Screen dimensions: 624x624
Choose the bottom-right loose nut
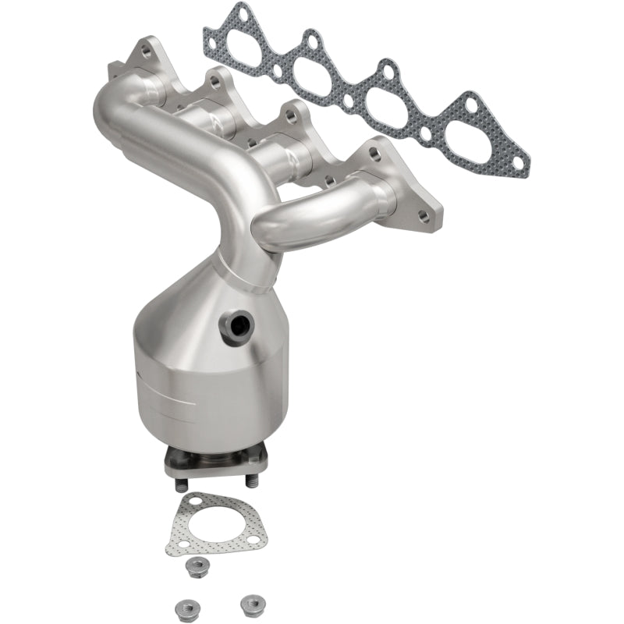250,602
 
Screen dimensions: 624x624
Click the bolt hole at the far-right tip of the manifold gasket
520,167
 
